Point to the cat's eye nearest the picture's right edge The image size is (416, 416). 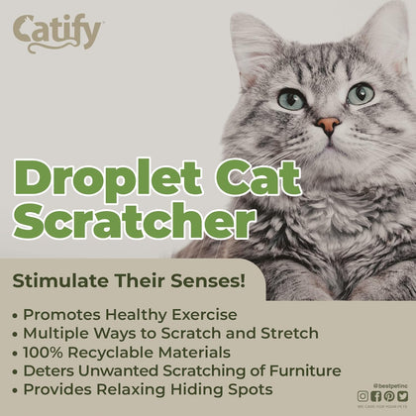click(x=361, y=93)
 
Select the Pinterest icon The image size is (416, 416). click(x=388, y=396)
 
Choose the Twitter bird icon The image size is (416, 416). click(x=401, y=396)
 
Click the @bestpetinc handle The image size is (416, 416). click(x=384, y=384)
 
